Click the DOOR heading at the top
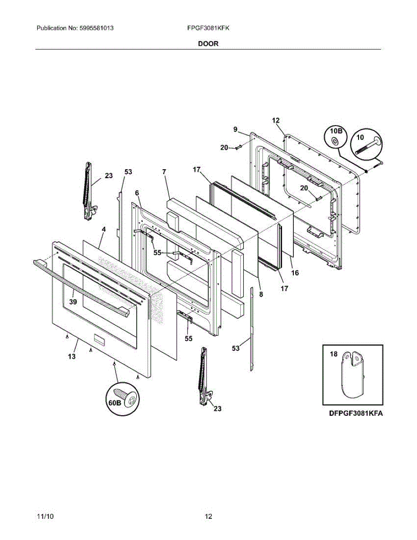point(208,44)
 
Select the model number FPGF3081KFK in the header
point(208,28)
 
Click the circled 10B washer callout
point(335,137)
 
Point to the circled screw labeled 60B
point(122,398)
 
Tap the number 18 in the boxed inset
point(333,355)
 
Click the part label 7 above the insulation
point(164,171)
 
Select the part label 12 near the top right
point(276,120)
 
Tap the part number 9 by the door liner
point(235,130)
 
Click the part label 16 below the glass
point(295,273)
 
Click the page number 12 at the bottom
point(208,516)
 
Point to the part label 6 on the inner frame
point(137,193)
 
